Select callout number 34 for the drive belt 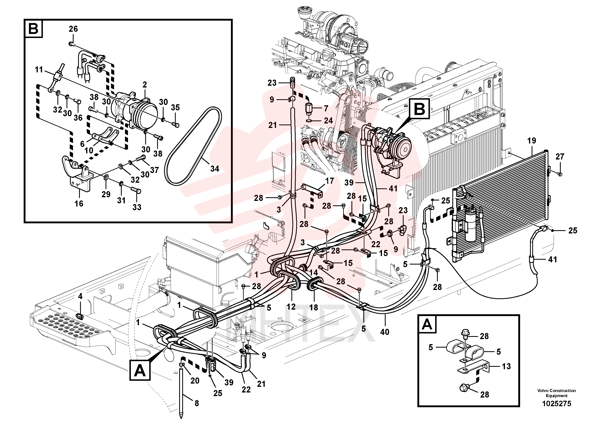215,169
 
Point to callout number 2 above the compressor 145,85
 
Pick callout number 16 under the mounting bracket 79,203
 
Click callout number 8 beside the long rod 197,403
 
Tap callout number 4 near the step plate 80,296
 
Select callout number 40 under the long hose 385,332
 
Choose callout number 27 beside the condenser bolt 560,156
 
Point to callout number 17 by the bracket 329,181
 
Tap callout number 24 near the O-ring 328,120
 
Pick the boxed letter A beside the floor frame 140,370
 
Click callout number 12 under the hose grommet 291,307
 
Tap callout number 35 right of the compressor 175,108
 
